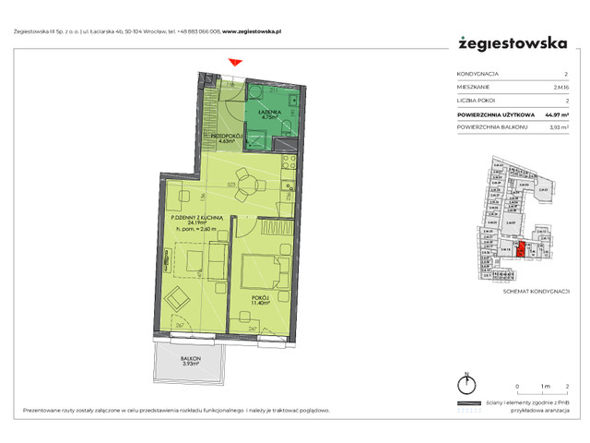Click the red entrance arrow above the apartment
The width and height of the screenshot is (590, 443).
(236, 62)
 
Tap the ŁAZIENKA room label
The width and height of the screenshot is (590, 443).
(270, 112)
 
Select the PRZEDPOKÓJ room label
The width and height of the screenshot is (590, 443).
(227, 135)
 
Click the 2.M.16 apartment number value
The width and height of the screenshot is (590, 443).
(560, 87)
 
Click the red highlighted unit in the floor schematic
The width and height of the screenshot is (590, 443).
(521, 248)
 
